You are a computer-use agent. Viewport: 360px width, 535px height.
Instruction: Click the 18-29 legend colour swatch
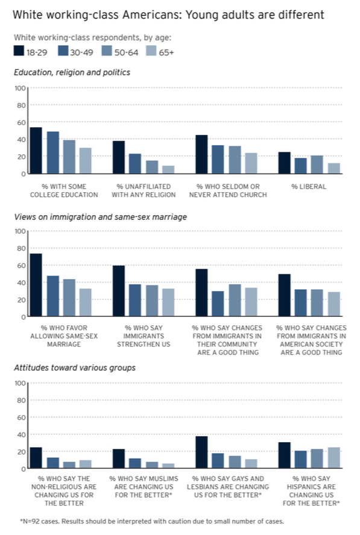19,51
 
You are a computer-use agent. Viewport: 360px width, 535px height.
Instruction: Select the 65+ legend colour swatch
151,51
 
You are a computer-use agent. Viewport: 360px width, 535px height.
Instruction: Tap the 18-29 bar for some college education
36,151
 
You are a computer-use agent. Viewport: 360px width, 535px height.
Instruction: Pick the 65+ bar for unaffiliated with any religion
168,169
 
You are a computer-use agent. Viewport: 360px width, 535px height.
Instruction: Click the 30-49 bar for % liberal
300,166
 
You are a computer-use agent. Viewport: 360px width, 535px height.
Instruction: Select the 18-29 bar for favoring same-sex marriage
36,285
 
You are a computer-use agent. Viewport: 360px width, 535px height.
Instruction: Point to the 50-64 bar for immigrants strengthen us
152,301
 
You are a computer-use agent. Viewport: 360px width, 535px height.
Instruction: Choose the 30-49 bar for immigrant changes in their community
218,304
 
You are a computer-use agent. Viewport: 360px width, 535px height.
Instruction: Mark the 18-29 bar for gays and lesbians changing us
201,452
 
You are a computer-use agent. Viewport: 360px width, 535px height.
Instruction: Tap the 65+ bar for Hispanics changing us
334,458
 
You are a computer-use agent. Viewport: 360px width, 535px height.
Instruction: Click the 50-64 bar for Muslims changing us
152,465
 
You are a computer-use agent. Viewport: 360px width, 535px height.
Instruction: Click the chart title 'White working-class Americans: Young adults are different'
168,15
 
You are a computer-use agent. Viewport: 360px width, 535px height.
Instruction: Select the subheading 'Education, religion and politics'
72,72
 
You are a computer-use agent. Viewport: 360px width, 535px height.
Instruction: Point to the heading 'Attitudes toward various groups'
75,368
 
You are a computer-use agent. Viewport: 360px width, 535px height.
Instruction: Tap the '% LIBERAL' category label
309,187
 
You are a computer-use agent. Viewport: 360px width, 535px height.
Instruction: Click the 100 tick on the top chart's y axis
20,89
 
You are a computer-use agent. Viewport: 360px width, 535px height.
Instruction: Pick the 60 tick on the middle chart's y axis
21,266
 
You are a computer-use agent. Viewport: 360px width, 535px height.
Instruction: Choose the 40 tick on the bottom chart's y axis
21,435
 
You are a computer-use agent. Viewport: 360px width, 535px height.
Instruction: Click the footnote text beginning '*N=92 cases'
151,521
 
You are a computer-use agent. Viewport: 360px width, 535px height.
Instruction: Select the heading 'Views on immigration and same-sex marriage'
101,217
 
